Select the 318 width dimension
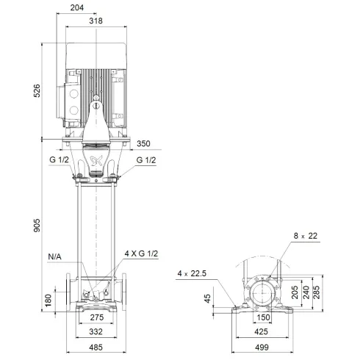pos(96,21)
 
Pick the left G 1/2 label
pos(59,161)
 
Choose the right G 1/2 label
pos(146,161)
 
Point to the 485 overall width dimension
pos(96,348)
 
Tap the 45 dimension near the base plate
pos(208,298)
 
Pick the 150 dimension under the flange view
pos(264,318)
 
